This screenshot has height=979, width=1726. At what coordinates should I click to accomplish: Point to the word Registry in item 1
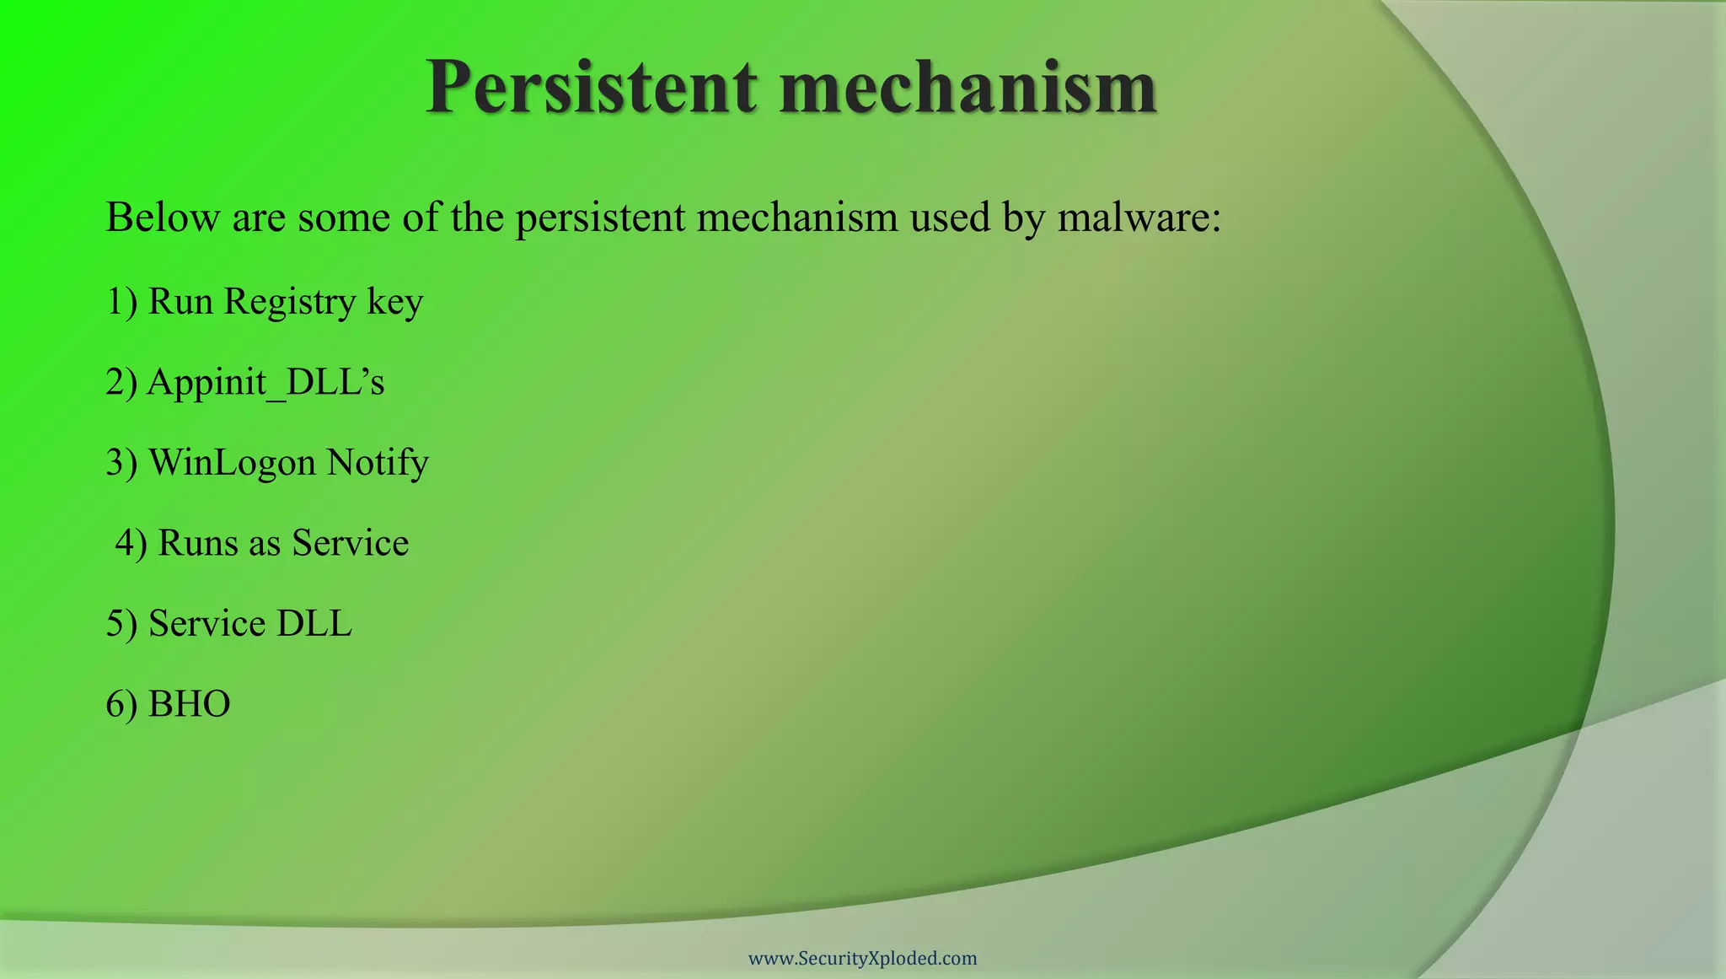tap(289, 302)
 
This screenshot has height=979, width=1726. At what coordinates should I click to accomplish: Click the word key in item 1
tap(394, 302)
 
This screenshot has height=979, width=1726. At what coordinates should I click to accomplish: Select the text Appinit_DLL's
tap(265, 382)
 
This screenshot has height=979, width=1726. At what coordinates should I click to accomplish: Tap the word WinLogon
tap(232, 462)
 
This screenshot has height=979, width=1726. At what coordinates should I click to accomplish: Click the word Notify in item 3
tap(378, 462)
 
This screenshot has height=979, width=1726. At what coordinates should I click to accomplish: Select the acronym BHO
tap(189, 704)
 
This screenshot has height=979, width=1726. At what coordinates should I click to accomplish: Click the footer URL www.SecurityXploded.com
tap(862, 958)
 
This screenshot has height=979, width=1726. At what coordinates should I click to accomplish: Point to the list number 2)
tap(121, 382)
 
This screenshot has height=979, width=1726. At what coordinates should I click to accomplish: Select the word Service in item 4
tap(350, 543)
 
